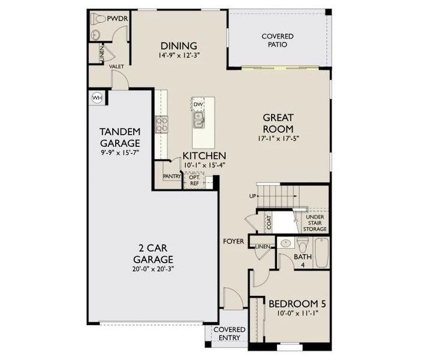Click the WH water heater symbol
(97, 98)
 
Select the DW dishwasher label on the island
(198, 105)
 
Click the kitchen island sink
(198, 122)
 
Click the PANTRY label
(172, 176)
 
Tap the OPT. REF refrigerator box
(194, 180)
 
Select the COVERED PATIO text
(278, 40)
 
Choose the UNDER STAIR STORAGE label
(316, 223)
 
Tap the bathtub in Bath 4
(322, 253)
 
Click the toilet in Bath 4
(303, 246)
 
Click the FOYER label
(233, 241)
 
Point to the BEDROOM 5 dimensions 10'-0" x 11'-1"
(293, 313)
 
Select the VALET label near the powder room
(116, 67)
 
